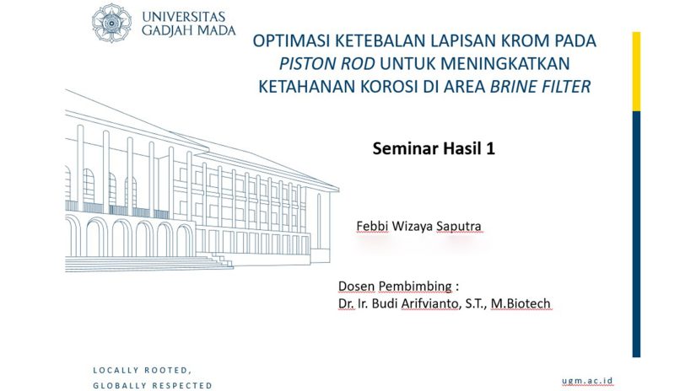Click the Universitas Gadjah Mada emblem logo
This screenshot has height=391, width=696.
(x=111, y=23)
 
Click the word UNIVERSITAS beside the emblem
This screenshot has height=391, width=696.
(x=183, y=18)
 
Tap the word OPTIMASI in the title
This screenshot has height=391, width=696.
(x=291, y=40)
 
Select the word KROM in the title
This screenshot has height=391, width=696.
(x=525, y=40)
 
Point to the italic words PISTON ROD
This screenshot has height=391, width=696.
(x=326, y=64)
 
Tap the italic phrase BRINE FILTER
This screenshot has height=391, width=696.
(x=540, y=87)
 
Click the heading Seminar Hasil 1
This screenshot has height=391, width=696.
(x=434, y=148)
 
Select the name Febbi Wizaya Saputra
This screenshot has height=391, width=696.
(x=418, y=227)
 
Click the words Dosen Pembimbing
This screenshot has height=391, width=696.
(x=395, y=287)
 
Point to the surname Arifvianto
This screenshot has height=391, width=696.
(x=429, y=303)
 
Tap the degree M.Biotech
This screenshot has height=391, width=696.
(x=521, y=303)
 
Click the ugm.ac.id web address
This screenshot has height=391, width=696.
(x=587, y=381)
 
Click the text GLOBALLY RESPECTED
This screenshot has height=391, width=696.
(x=153, y=386)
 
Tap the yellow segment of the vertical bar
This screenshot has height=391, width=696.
(x=636, y=72)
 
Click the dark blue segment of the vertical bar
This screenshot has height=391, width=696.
(x=636, y=234)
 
